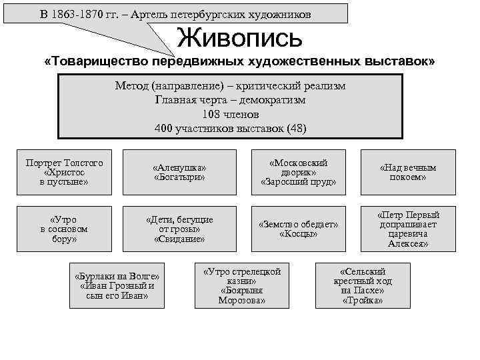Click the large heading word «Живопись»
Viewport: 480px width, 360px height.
239,37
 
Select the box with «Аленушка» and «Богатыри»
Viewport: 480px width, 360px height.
179,173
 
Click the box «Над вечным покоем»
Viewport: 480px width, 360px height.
407,173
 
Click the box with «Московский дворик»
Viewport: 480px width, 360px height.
298,173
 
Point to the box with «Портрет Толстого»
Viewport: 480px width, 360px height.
64,173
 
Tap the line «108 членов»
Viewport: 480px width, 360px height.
230,114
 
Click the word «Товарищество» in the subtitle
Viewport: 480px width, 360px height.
97,61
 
